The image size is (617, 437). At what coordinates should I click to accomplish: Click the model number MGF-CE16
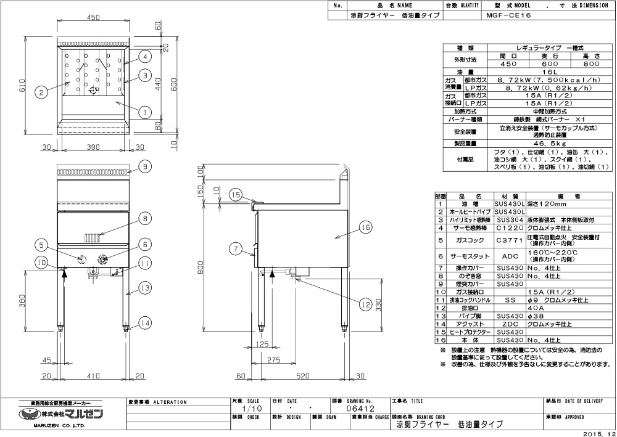[505, 15]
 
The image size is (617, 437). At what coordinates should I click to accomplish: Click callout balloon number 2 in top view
[40, 92]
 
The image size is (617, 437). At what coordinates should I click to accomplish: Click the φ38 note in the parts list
[535, 315]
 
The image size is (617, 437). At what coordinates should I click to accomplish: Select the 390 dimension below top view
[93, 147]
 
